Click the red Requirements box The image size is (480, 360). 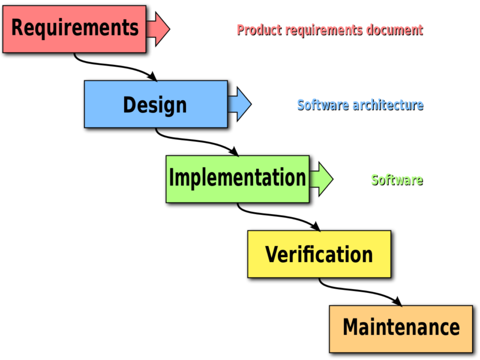74,29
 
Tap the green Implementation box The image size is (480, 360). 238,179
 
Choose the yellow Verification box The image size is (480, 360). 319,254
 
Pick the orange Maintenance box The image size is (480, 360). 401,328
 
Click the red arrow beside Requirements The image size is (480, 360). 159,29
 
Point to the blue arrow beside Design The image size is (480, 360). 240,104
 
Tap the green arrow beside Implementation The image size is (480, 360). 322,179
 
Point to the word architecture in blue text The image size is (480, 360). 388,104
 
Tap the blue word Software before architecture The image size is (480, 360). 323,104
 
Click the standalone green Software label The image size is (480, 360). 396,179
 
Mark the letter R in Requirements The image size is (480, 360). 18,28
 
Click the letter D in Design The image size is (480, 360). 129,105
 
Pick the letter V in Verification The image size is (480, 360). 272,254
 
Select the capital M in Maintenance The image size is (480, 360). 351,328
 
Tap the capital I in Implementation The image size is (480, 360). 172,178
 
